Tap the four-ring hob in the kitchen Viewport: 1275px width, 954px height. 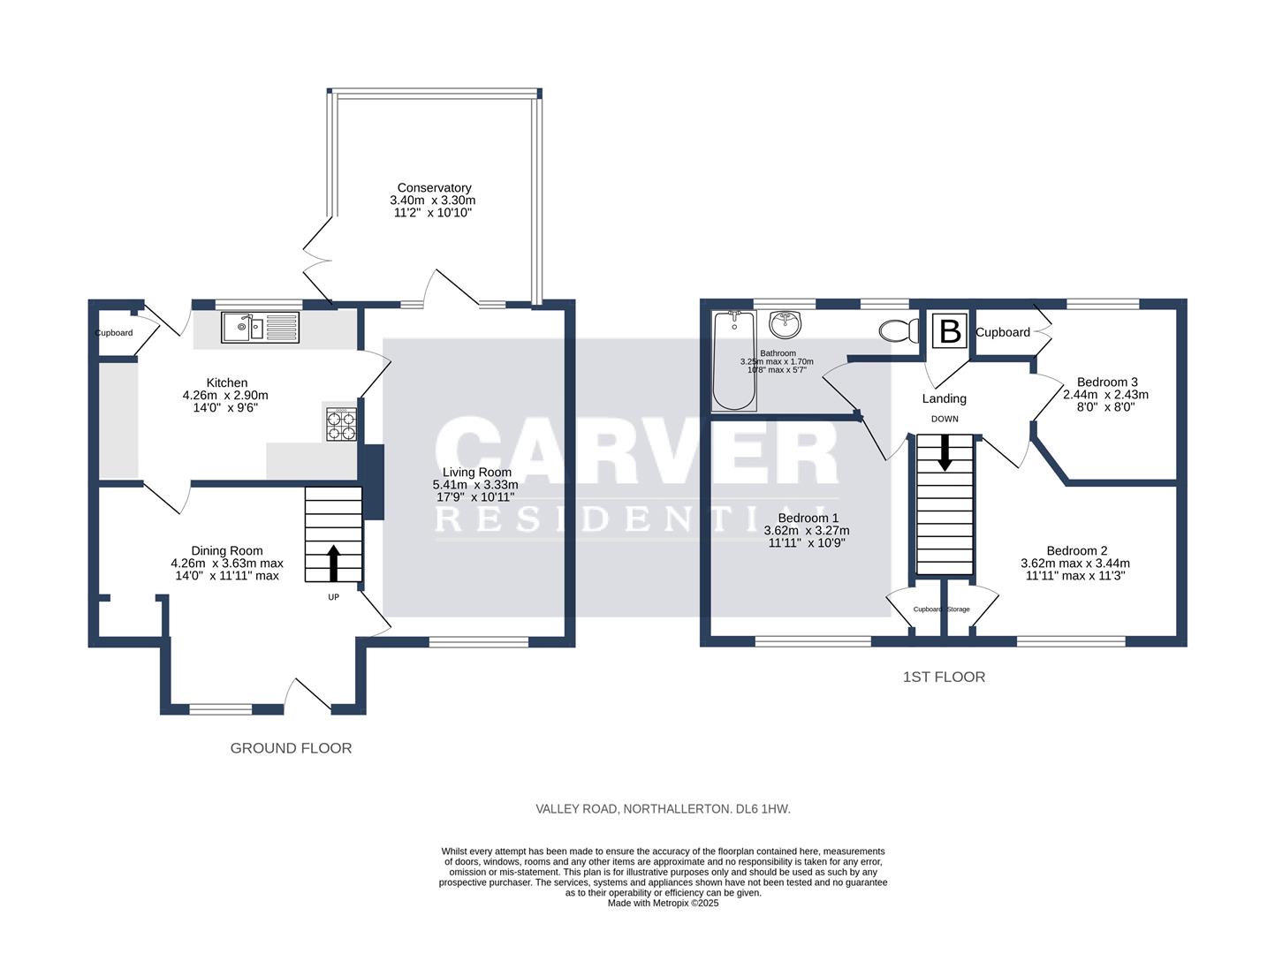(342, 424)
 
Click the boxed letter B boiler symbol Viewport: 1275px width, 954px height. (950, 331)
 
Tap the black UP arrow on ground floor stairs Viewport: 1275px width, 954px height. (333, 563)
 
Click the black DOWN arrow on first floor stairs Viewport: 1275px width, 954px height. (945, 452)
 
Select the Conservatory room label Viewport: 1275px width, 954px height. (434, 187)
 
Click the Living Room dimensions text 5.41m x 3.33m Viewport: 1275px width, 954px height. (475, 485)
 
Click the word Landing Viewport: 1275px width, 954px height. (944, 398)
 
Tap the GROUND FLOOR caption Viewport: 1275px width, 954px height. (291, 748)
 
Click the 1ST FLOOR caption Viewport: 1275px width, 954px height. (943, 677)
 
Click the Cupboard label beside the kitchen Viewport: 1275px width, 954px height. (114, 333)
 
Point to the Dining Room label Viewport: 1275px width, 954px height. (227, 550)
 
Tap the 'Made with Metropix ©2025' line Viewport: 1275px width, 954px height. (663, 903)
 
